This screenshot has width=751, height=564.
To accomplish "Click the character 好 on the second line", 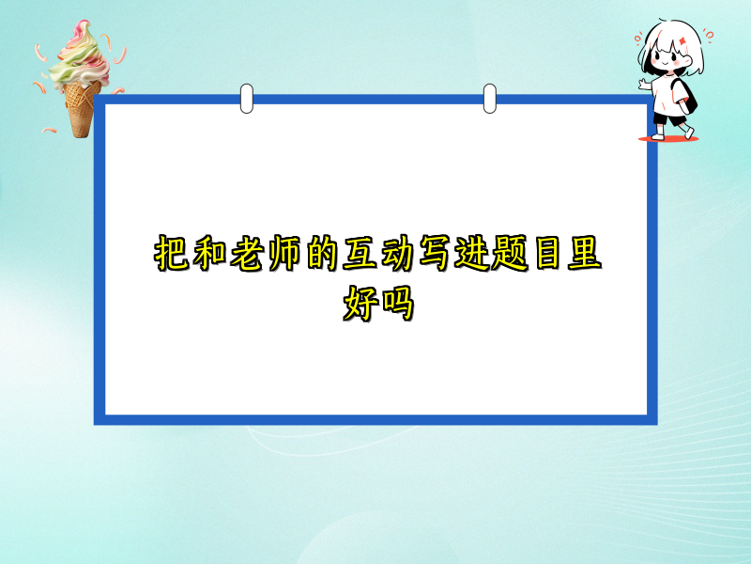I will point(358,305).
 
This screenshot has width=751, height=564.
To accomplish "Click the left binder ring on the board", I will point(247,98).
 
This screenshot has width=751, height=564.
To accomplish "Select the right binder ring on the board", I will point(489,98).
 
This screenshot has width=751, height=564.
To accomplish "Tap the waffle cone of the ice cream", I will point(82,105).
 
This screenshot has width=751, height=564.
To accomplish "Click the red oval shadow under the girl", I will point(668,139).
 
